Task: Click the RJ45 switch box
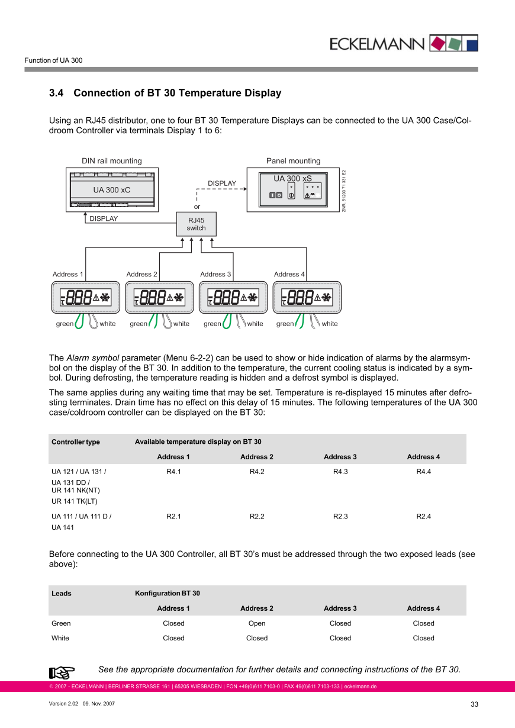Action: coord(197,224)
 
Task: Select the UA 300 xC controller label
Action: coord(111,190)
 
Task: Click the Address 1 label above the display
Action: coord(68,274)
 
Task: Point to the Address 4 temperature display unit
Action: coord(307,297)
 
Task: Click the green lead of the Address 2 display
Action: coord(153,320)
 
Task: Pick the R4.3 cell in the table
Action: coord(340,472)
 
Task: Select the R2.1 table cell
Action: coord(173,516)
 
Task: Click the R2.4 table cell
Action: coord(423,516)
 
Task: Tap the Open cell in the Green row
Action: coord(257,623)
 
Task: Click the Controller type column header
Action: coord(76,442)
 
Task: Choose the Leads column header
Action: coord(62,594)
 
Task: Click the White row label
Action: coord(60,638)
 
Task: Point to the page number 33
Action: coord(474,704)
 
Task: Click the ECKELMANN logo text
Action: coord(376,44)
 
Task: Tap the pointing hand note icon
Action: coord(62,672)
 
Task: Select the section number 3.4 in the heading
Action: coord(56,93)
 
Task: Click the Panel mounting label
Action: coord(293,161)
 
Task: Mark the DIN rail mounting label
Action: coord(112,161)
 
